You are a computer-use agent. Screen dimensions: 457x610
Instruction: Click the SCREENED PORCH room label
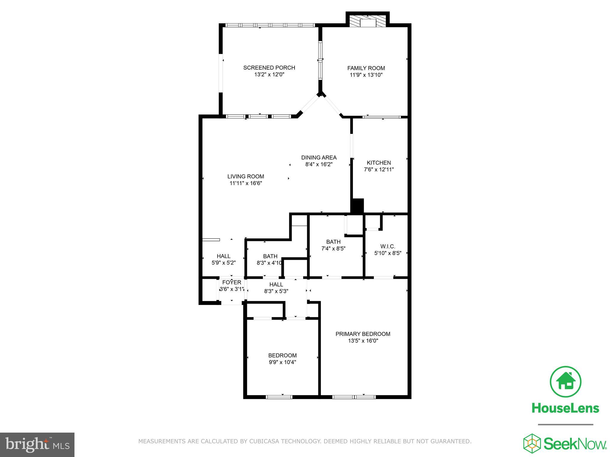[x=269, y=68]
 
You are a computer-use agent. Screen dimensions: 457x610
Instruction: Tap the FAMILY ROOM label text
[x=366, y=68]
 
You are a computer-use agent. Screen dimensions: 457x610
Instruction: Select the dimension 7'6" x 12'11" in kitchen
[x=379, y=170]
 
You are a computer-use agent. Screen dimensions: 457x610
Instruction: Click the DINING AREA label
[x=319, y=158]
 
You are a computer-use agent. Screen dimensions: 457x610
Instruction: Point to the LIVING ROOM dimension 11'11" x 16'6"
[x=245, y=183]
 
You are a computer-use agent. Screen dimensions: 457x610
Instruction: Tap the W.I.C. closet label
[x=388, y=246]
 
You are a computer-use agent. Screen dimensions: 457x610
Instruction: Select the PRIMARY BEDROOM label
[x=363, y=334]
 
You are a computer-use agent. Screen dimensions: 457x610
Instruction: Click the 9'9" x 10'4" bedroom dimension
[x=282, y=362]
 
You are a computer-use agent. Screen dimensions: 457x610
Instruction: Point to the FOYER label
[x=231, y=282]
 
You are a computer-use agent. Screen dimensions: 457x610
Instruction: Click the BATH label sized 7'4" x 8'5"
[x=333, y=242]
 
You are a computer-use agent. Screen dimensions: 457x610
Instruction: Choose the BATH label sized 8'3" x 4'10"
[x=270, y=256]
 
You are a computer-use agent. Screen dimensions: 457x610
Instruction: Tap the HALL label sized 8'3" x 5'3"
[x=276, y=284]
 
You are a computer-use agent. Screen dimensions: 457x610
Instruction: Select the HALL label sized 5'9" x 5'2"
[x=223, y=256]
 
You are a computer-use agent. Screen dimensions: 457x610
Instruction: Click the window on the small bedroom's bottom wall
[x=279, y=397]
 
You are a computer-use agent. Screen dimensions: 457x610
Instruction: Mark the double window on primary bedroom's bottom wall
[x=354, y=397]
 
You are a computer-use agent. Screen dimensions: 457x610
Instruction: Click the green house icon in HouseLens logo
[x=565, y=382]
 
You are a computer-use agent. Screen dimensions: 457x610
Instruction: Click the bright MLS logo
[x=37, y=445]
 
